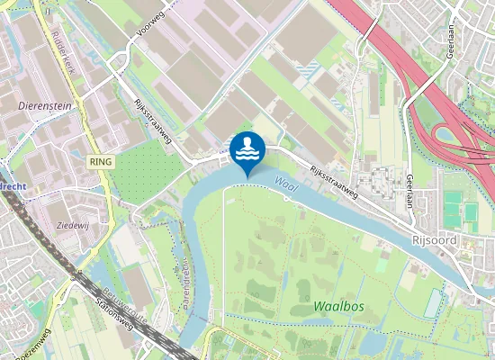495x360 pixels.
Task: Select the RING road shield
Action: click(100, 159)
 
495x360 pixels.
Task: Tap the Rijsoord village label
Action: click(436, 240)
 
